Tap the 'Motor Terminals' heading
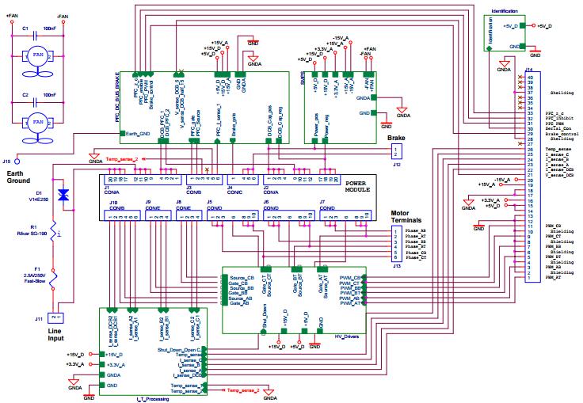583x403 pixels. [x=412, y=216]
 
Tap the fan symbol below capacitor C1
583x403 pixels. [x=36, y=58]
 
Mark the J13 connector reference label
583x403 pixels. [x=396, y=265]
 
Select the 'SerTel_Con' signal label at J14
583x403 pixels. [x=559, y=129]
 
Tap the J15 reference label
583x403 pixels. [x=8, y=161]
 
